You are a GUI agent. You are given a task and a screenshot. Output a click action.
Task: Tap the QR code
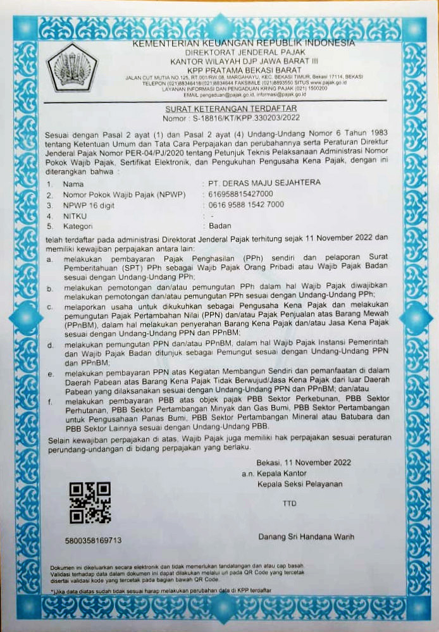coord(90,503)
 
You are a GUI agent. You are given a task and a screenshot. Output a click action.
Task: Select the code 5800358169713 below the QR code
coord(93,541)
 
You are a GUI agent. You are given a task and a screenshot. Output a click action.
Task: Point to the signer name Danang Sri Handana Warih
coord(306,537)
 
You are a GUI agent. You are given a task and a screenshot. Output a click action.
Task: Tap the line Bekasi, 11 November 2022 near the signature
coord(301,463)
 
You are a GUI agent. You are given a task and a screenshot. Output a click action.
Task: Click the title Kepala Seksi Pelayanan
coord(300,484)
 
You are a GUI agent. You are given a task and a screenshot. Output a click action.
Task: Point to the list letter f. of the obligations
coord(50,401)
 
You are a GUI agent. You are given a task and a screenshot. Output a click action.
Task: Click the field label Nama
coord(73,183)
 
